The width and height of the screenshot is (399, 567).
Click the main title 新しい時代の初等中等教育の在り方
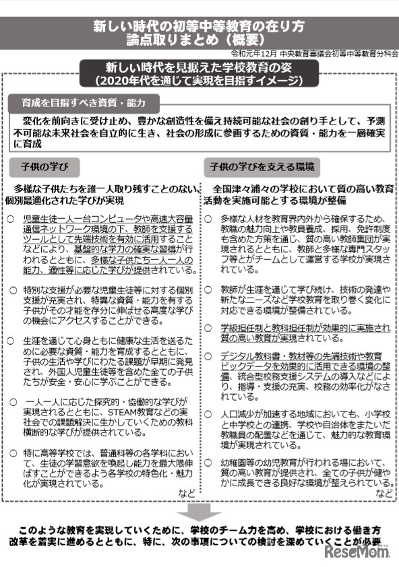pyautogui.click(x=199, y=28)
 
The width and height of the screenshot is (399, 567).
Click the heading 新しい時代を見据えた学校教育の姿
pyautogui.click(x=199, y=68)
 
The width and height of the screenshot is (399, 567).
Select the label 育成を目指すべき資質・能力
pyautogui.click(x=84, y=103)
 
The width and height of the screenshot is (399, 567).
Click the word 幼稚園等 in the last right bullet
pyautogui.click(x=239, y=464)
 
